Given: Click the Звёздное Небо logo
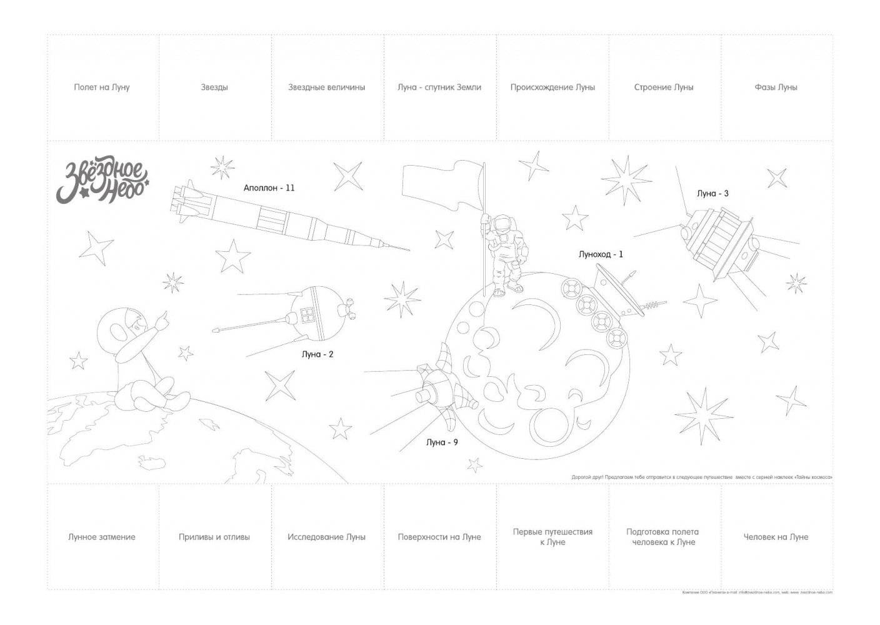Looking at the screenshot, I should point(102,182).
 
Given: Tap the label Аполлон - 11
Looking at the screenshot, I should point(269,187).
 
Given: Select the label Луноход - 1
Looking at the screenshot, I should point(600,254).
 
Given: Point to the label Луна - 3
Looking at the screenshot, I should point(712,194).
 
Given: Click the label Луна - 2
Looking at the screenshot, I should point(317,354).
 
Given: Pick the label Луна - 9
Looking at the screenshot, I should point(442,442).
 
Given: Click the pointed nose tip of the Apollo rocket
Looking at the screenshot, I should point(406,251).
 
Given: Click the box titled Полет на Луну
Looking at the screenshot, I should point(102,87).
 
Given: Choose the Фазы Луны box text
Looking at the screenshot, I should point(776,87).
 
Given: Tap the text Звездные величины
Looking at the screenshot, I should point(326,87).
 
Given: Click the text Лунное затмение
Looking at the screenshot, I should point(102,537).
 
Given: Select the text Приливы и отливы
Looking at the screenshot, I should point(214,537).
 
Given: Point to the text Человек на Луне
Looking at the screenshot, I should point(776,537).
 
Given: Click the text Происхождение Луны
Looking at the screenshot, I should point(552,87).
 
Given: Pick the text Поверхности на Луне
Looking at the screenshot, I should point(439,537).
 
